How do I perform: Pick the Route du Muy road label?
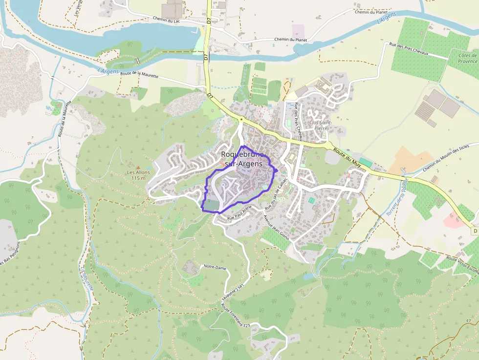[348, 157]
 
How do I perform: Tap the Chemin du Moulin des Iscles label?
[446, 157]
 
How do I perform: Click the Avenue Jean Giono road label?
[277, 227]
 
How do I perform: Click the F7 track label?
[468, 321]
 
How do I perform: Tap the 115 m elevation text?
[139, 178]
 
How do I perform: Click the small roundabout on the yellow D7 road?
[241, 119]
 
